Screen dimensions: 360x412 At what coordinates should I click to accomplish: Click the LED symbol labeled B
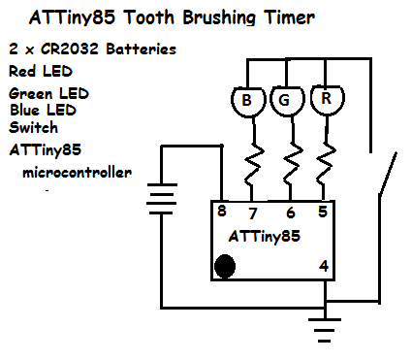coord(247,99)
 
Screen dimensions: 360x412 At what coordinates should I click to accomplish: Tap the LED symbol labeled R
coord(326,99)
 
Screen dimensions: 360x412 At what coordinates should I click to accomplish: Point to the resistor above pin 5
coord(327,165)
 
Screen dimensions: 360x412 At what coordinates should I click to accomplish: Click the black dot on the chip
coord(225,266)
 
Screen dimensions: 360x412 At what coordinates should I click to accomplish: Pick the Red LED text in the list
coord(41,71)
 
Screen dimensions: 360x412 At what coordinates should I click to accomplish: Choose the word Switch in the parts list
coord(33,126)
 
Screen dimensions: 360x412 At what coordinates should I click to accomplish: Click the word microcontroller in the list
coord(76,172)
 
